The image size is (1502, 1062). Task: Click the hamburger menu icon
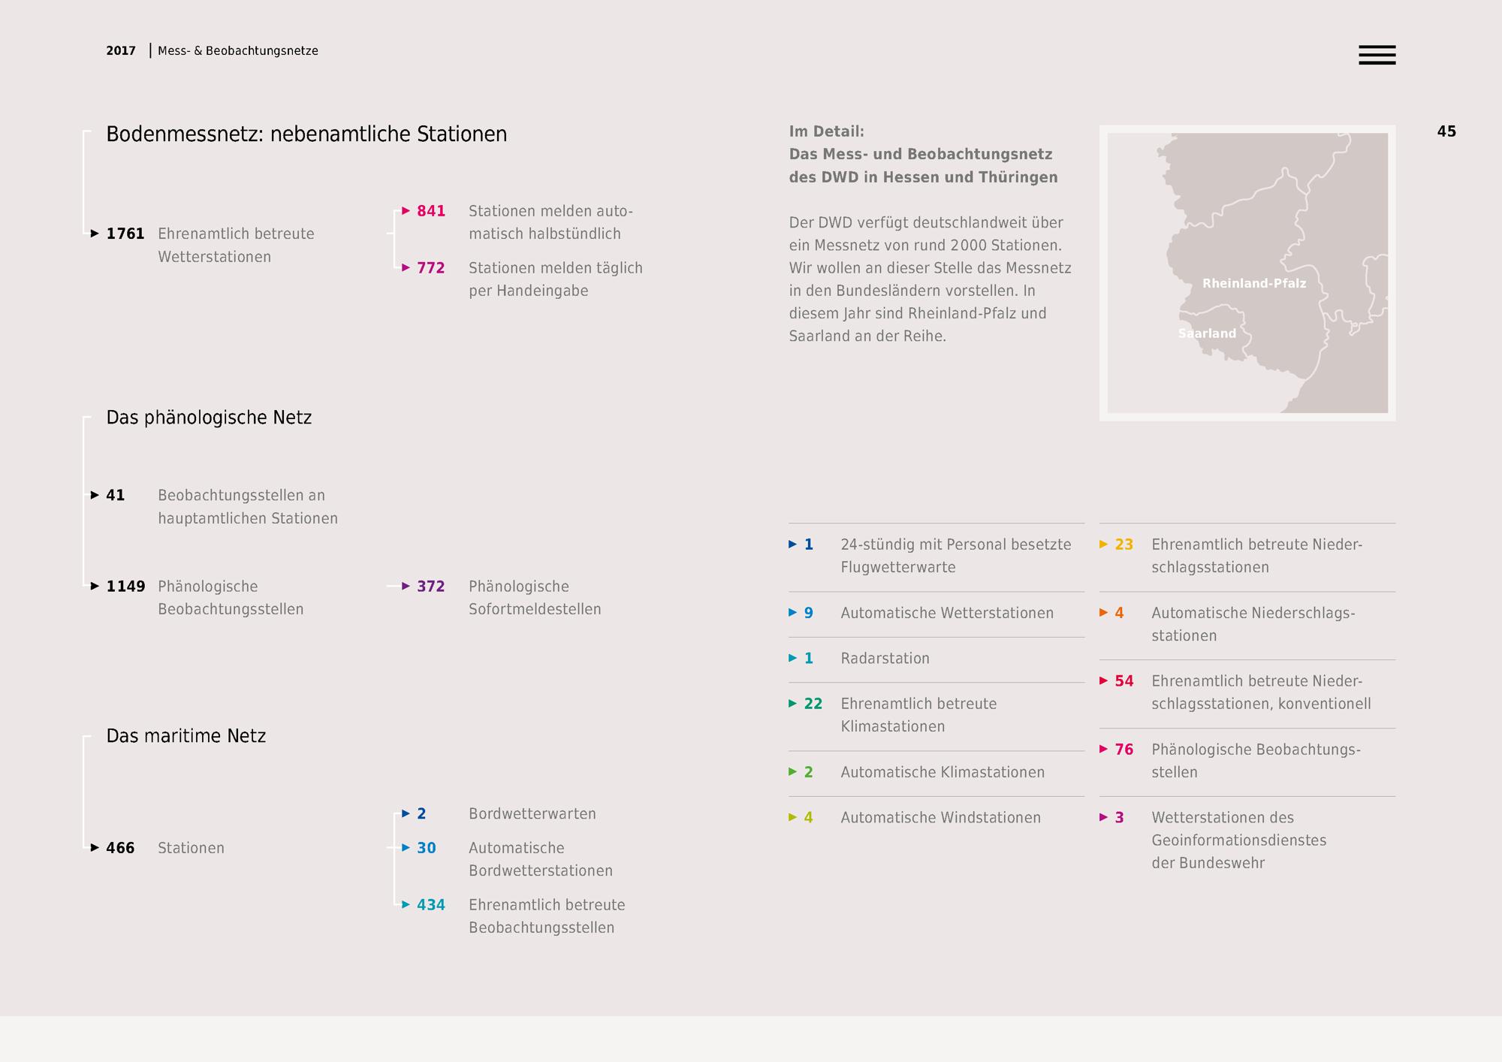(x=1377, y=55)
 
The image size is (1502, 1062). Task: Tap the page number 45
(x=1446, y=131)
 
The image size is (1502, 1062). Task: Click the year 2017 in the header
(x=121, y=51)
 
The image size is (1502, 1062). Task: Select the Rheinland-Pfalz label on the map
(x=1254, y=283)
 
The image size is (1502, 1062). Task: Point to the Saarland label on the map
(x=1207, y=333)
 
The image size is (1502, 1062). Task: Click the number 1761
(x=125, y=234)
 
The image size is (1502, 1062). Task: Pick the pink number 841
(x=431, y=211)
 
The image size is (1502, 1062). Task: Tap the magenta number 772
(x=431, y=268)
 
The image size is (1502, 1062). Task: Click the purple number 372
(x=431, y=587)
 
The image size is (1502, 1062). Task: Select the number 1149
(x=125, y=587)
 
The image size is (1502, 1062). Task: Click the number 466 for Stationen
(x=120, y=848)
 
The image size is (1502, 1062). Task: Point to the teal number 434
(x=431, y=905)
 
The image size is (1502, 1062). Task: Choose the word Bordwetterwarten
(x=532, y=813)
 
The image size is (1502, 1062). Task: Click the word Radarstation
(x=885, y=659)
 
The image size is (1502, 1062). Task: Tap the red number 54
(x=1124, y=681)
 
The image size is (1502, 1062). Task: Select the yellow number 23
(x=1124, y=545)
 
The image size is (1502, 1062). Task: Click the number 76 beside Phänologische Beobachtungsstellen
(x=1124, y=750)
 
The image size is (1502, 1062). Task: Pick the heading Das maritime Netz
(x=186, y=736)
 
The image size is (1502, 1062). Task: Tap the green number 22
(x=813, y=704)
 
